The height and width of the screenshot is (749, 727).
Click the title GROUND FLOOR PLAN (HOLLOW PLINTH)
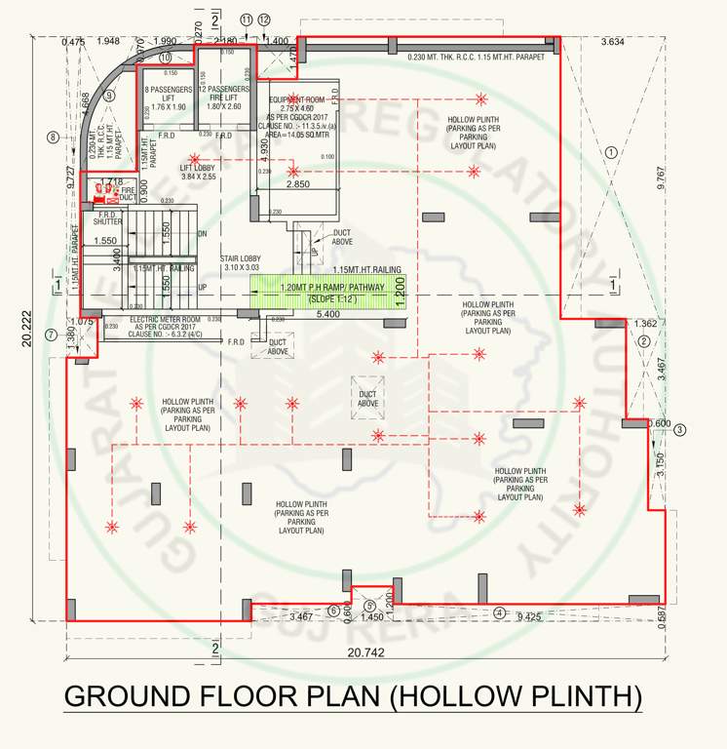coord(353,698)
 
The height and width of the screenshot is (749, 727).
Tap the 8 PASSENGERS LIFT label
coord(168,98)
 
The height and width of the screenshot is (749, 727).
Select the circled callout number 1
coord(611,152)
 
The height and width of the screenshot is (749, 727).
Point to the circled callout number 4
coord(500,613)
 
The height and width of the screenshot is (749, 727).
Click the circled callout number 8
coord(53,138)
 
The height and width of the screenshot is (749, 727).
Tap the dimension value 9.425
coord(528,615)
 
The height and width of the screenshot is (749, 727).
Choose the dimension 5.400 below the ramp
coord(329,315)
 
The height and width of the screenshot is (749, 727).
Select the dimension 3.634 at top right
coord(614,42)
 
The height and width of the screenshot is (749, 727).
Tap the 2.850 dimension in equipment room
coord(297,183)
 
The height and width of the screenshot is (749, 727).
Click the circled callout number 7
coord(50,335)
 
